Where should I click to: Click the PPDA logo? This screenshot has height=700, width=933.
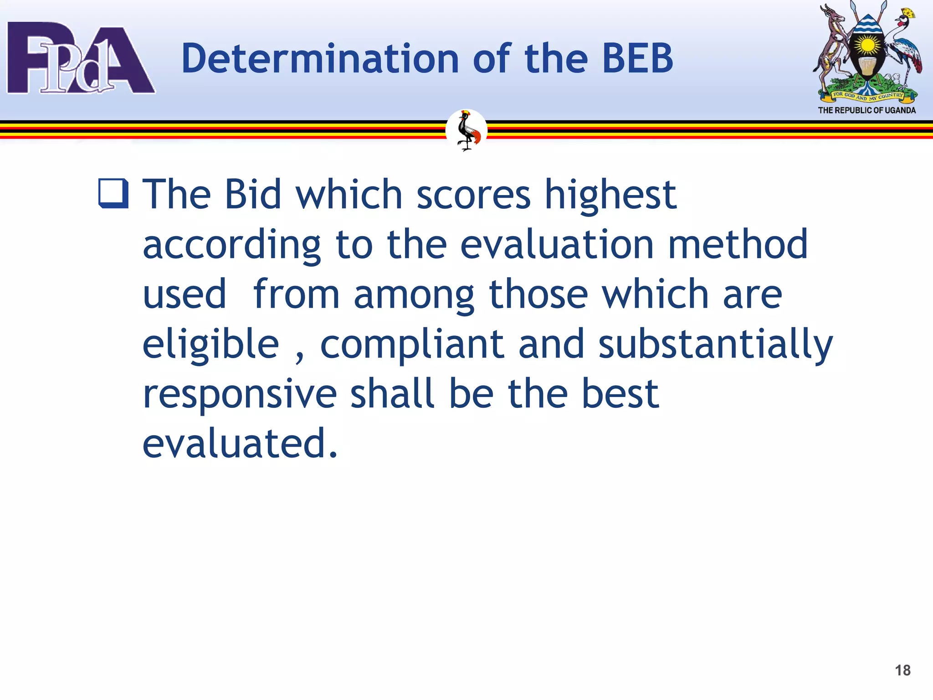pos(81,58)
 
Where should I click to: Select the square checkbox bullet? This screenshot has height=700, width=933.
pos(113,194)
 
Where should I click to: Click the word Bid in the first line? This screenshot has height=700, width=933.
pos(253,195)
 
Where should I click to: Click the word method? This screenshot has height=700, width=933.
pos(738,245)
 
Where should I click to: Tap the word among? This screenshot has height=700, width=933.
pos(414,295)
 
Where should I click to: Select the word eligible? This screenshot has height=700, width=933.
pos(211,345)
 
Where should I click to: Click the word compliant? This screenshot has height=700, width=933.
pos(412,345)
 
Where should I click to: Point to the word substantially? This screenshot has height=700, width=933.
pos(715,345)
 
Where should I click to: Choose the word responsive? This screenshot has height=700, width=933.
pos(240,395)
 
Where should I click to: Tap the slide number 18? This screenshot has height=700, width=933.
pos(902,670)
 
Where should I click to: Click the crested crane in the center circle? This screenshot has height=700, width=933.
pos(466,131)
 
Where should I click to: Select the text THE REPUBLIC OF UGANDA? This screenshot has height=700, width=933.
pos(866,110)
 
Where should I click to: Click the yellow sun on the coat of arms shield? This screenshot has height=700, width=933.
pos(868,46)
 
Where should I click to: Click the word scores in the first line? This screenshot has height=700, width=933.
pos(473,195)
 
